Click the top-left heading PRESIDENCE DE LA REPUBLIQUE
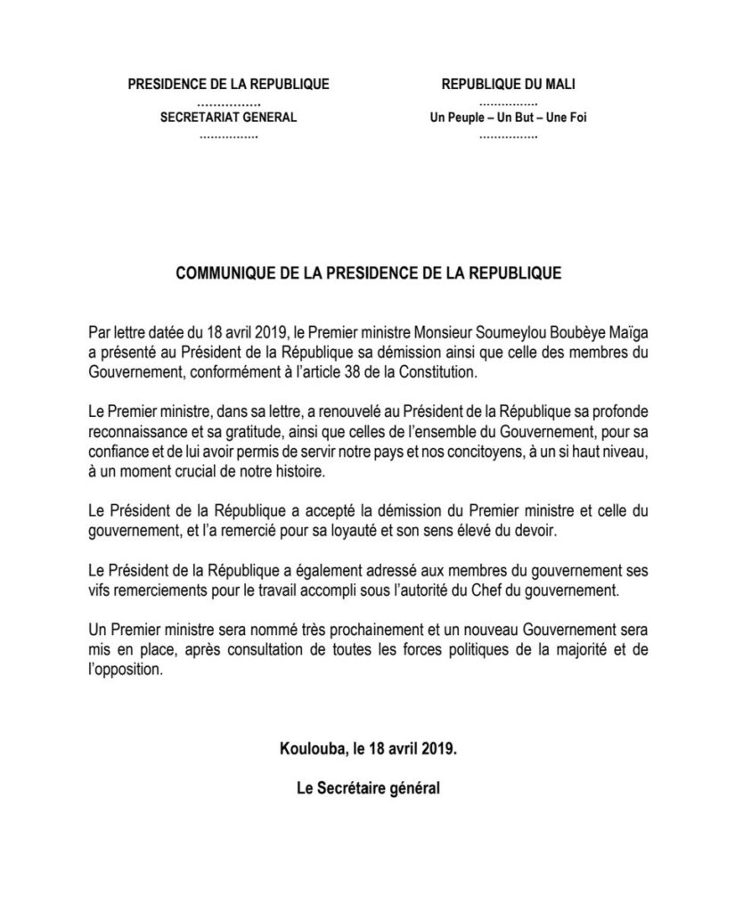(x=229, y=85)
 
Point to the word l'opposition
(x=127, y=671)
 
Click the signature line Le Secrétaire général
(x=368, y=789)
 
